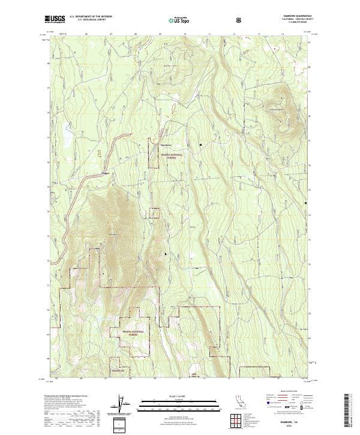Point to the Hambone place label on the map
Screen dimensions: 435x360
click(166, 145)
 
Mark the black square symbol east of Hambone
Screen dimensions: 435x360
click(201, 145)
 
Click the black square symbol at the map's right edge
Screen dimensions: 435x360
click(307, 203)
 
